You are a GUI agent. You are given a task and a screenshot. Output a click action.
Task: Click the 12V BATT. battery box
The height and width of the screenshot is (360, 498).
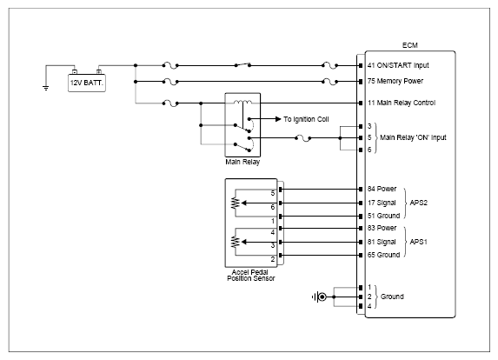[87, 83]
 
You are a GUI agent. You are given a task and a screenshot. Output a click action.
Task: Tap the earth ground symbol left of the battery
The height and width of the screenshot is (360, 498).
[46, 88]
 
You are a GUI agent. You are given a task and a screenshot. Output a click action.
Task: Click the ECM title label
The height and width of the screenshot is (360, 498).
[409, 45]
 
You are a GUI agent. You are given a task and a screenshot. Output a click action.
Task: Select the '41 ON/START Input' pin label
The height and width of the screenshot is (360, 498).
[398, 65]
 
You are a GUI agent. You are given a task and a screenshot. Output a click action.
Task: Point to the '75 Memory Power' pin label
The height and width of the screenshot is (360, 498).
[395, 81]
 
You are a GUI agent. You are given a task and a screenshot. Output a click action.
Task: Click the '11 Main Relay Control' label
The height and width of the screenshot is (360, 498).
[402, 103]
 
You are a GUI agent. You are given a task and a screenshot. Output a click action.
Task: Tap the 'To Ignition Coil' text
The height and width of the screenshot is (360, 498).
[306, 119]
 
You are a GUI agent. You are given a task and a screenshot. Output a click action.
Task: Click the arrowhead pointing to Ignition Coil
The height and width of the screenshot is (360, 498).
[278, 119]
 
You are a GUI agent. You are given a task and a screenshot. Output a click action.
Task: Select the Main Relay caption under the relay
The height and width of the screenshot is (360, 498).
[242, 162]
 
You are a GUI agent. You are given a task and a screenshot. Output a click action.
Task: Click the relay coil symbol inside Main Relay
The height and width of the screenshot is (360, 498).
[242, 103]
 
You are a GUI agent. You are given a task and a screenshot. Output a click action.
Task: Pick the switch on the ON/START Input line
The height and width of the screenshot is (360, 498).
[242, 64]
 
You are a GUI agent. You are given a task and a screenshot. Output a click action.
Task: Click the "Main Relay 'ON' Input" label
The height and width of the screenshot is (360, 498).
[413, 137]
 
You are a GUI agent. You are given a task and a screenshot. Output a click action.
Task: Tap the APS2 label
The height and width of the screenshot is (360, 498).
[418, 203]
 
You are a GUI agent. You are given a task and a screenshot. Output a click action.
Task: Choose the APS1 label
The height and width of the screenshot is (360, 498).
[418, 242]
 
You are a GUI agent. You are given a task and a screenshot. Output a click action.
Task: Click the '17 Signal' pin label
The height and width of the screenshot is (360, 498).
[382, 203]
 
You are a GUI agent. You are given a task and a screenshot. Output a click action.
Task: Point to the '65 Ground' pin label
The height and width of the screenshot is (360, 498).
[383, 255]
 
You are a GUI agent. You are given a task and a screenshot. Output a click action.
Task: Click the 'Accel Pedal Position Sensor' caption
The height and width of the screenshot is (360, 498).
[250, 275]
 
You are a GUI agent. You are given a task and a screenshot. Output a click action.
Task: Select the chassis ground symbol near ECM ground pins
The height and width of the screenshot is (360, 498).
[320, 297]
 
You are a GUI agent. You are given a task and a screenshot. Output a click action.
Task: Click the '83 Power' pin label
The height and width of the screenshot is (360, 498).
[382, 228]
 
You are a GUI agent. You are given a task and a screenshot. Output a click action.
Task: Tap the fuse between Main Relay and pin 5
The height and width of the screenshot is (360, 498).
[303, 138]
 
